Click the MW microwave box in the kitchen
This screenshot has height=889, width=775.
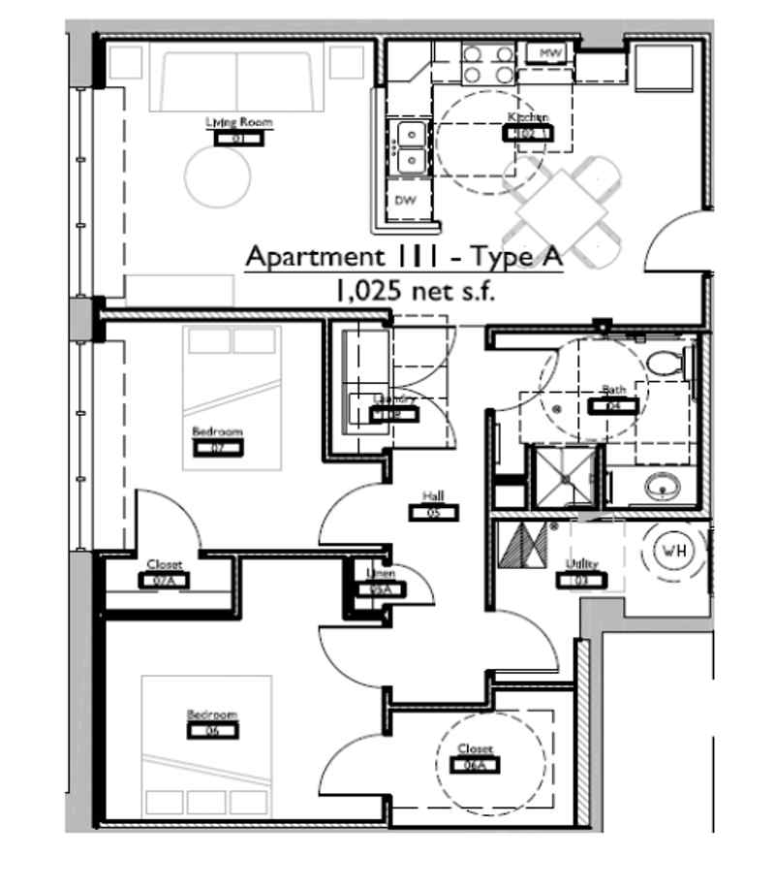pos(550,53)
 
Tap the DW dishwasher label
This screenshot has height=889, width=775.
pos(405,201)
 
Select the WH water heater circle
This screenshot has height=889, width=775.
pos(672,551)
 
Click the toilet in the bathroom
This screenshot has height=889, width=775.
pos(666,364)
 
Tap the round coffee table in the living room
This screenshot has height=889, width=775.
pos(218,175)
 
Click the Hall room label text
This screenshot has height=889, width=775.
pos(433,496)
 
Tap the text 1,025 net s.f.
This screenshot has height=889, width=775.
pos(405,290)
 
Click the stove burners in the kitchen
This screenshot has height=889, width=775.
pos(487,64)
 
